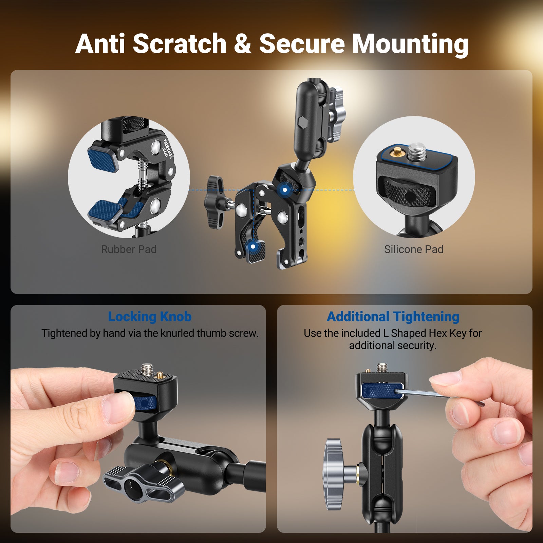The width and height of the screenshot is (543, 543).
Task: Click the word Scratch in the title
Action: (180, 44)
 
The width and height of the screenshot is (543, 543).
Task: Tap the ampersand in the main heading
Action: (242, 44)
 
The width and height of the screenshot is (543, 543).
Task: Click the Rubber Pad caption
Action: (129, 249)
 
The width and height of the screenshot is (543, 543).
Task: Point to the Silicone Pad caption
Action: (414, 249)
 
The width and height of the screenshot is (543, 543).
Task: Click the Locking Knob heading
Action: (150, 317)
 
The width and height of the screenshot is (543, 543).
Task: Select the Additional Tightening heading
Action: (393, 317)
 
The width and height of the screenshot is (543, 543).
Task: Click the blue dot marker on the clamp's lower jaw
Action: (252, 247)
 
